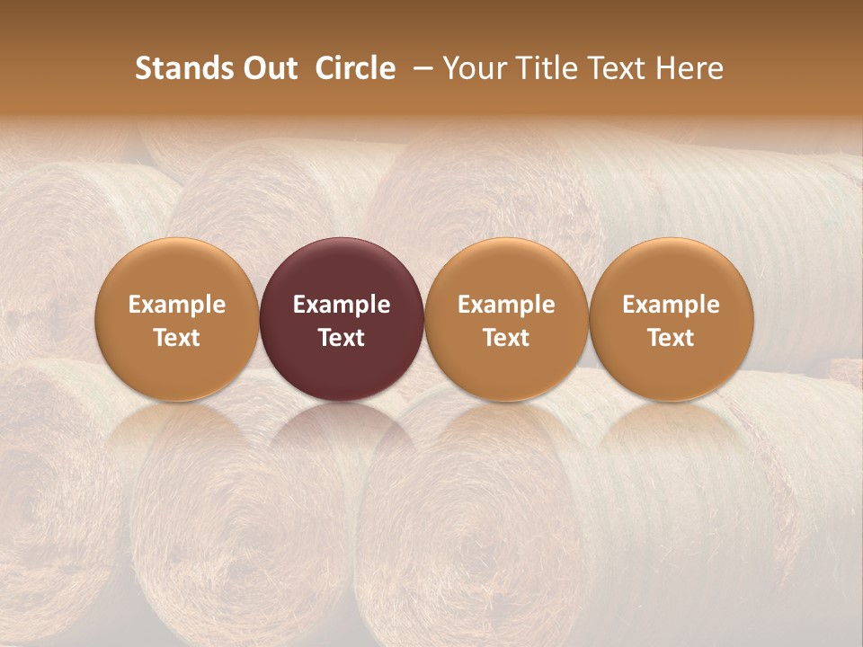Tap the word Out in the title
[x=269, y=68]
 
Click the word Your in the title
[x=472, y=68]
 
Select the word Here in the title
[x=689, y=68]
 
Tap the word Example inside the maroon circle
[x=342, y=305]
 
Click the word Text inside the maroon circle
[x=342, y=338]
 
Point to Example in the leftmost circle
[x=177, y=305]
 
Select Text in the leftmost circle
[x=177, y=338]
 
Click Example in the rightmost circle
[x=672, y=305]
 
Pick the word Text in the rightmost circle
[x=672, y=338]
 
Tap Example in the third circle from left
[x=506, y=305]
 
